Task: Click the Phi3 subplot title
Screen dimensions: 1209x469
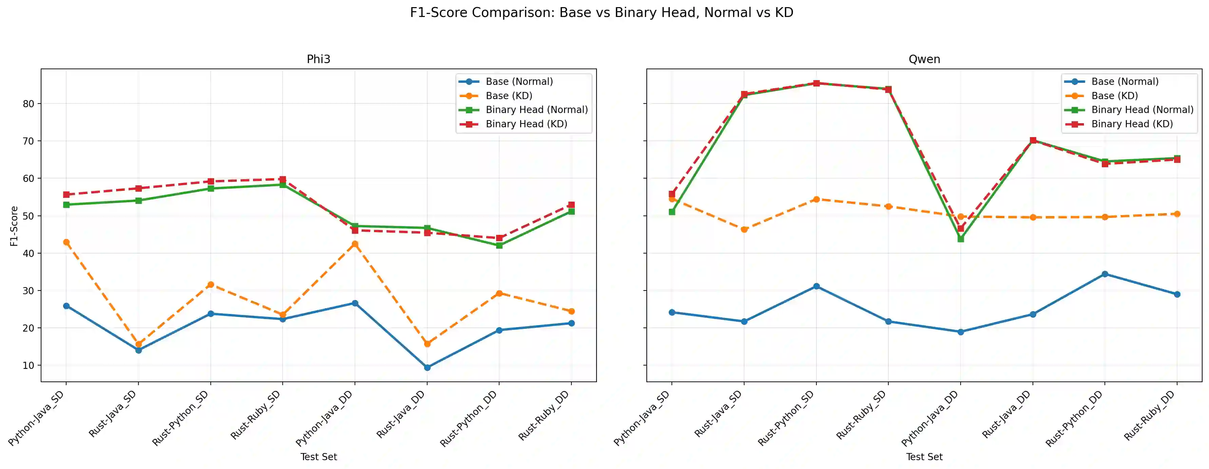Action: coord(318,59)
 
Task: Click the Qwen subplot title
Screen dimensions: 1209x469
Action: coord(924,59)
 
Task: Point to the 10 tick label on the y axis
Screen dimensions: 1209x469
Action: coord(29,365)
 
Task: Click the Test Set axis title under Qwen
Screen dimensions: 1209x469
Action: coord(924,457)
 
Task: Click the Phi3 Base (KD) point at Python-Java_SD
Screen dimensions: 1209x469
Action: coord(66,242)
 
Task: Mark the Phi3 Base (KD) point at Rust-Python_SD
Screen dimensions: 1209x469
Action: coord(211,284)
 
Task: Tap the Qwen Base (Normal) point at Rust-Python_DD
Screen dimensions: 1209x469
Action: coord(1105,274)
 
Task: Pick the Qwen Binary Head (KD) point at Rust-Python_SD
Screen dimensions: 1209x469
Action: coord(816,83)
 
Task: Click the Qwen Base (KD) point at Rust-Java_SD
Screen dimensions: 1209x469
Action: coord(744,229)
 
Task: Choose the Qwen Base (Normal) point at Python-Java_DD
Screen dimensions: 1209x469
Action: coord(960,332)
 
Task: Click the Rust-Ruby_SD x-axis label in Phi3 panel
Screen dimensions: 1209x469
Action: coord(256,415)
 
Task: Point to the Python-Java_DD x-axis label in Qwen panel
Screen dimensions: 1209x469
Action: coord(930,418)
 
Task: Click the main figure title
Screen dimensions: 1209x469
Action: coord(602,13)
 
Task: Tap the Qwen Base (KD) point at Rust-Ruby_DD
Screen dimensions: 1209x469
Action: coord(1177,214)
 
